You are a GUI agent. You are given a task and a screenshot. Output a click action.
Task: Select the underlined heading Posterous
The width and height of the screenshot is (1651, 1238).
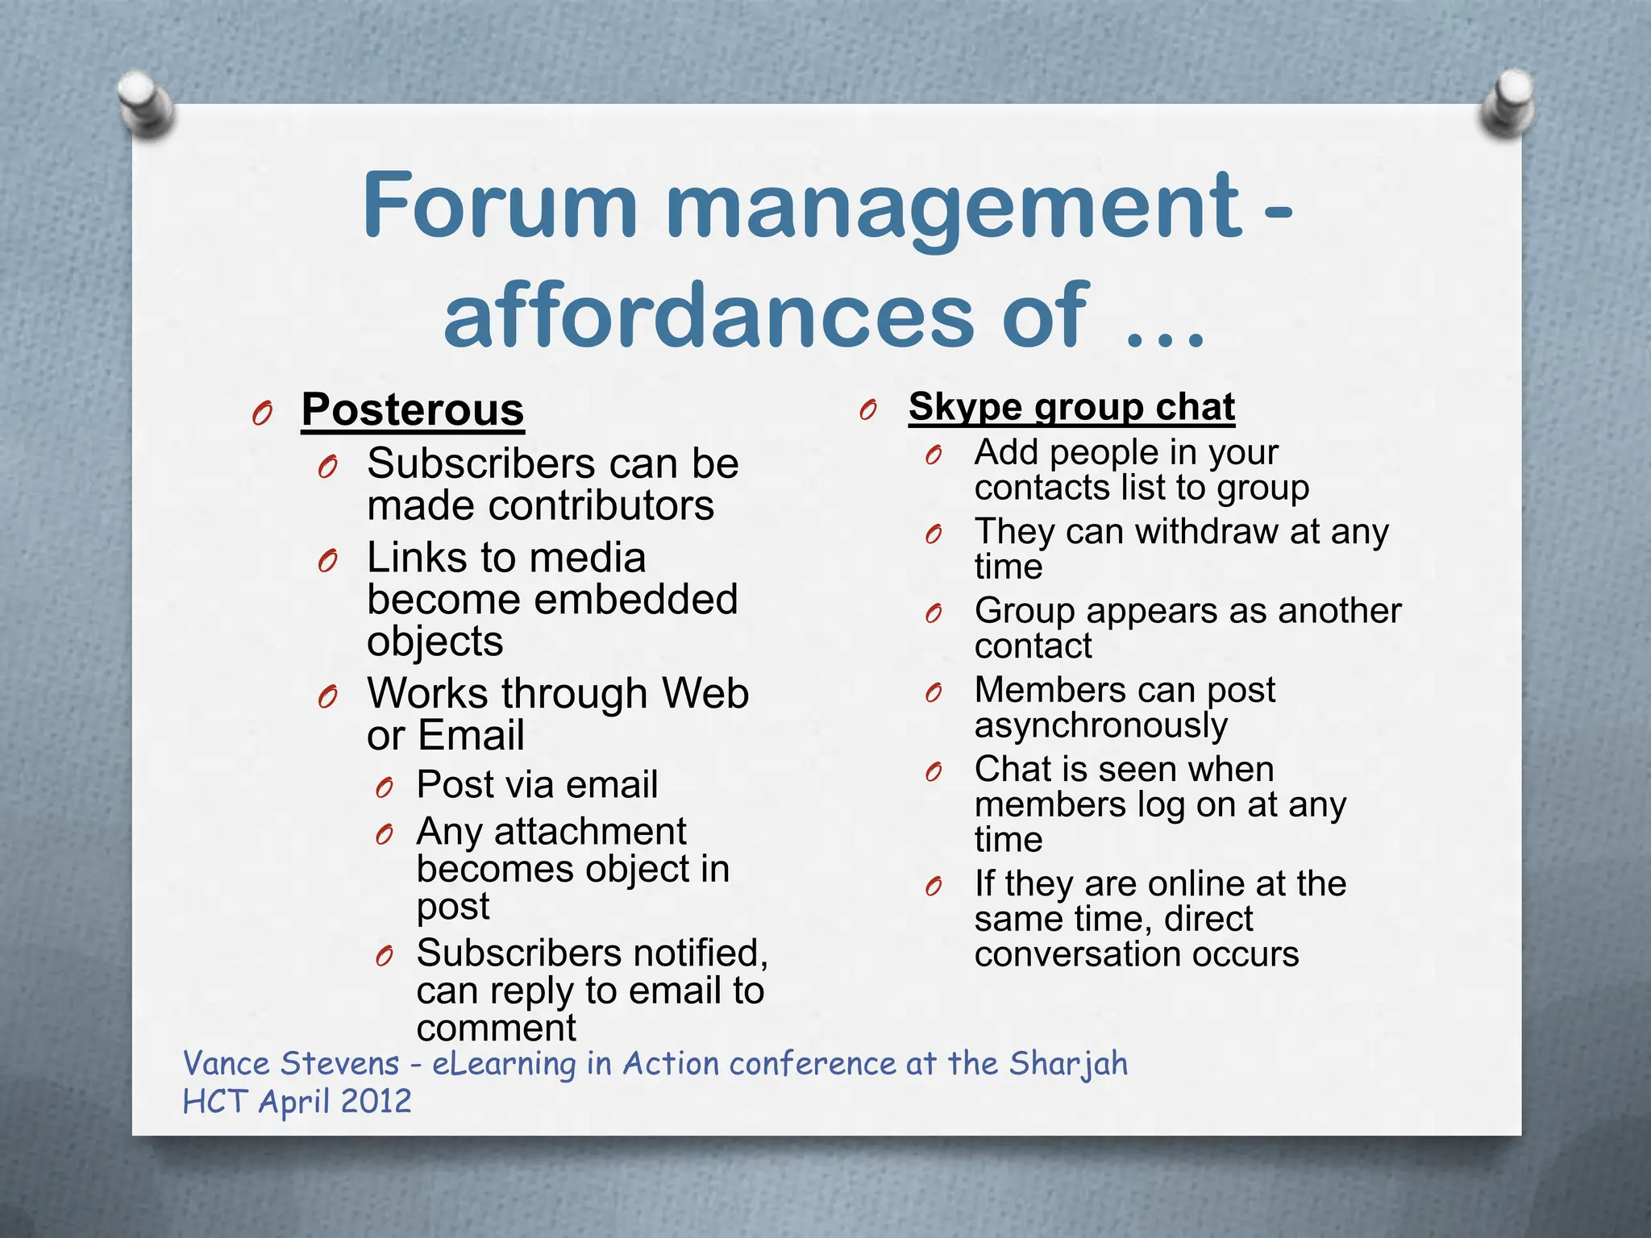413,410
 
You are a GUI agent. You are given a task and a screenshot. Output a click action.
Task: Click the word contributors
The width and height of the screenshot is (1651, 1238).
601,506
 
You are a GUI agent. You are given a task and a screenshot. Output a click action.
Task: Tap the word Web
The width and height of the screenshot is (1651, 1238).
705,693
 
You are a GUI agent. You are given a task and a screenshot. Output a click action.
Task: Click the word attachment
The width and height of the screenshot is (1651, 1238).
590,832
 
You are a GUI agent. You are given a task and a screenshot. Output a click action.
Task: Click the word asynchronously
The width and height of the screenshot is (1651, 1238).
1101,725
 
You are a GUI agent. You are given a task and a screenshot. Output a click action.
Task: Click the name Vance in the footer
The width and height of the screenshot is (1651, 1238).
227,1064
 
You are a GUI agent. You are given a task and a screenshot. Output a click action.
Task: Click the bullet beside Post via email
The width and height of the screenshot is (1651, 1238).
385,787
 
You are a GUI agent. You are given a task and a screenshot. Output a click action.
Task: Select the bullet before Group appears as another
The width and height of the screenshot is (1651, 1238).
934,614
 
